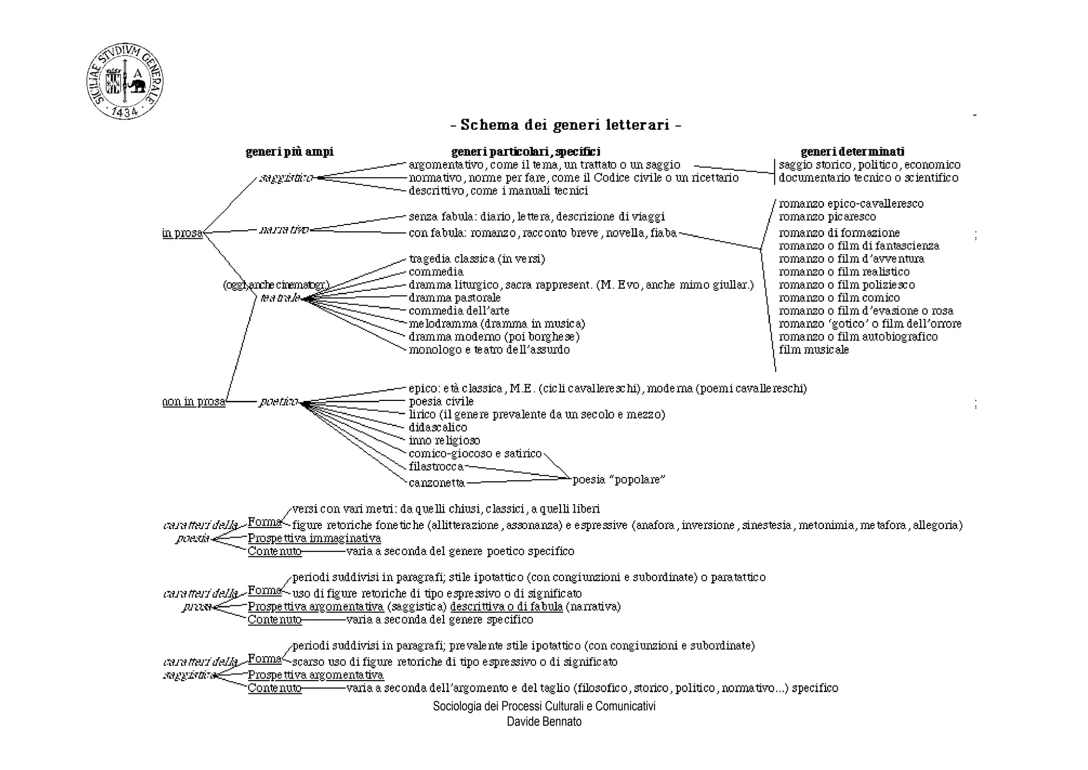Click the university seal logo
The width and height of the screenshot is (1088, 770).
pyautogui.click(x=125, y=81)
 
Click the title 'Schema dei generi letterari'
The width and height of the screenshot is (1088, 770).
pyautogui.click(x=566, y=125)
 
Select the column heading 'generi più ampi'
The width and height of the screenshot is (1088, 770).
pyautogui.click(x=290, y=152)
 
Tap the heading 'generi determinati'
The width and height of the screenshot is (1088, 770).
pyautogui.click(x=852, y=152)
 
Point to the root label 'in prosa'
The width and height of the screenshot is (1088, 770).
pyautogui.click(x=182, y=233)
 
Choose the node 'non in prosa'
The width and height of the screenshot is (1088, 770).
pyautogui.click(x=194, y=401)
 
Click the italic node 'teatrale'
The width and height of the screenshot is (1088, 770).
pyautogui.click(x=280, y=298)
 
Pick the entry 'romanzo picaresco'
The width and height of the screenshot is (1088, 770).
pyautogui.click(x=827, y=217)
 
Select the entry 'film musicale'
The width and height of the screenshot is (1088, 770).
pyautogui.click(x=814, y=350)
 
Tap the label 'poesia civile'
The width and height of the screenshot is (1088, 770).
pyautogui.click(x=441, y=401)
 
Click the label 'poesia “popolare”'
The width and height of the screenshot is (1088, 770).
pyautogui.click(x=619, y=480)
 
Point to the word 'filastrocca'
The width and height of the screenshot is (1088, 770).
pyautogui.click(x=436, y=467)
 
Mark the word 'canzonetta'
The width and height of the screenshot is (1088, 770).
pyautogui.click(x=437, y=483)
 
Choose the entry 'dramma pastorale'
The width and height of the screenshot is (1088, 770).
pyautogui.click(x=454, y=298)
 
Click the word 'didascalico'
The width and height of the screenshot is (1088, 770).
pyautogui.click(x=438, y=428)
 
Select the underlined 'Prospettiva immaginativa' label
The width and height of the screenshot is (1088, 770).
pyautogui.click(x=314, y=538)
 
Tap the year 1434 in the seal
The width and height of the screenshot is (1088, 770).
pyautogui.click(x=125, y=111)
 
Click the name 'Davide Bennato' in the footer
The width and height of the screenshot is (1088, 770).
pyautogui.click(x=544, y=722)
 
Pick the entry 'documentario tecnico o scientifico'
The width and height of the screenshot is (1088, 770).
pyautogui.click(x=869, y=178)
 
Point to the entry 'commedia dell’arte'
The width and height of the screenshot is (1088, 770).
pyautogui.click(x=458, y=311)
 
